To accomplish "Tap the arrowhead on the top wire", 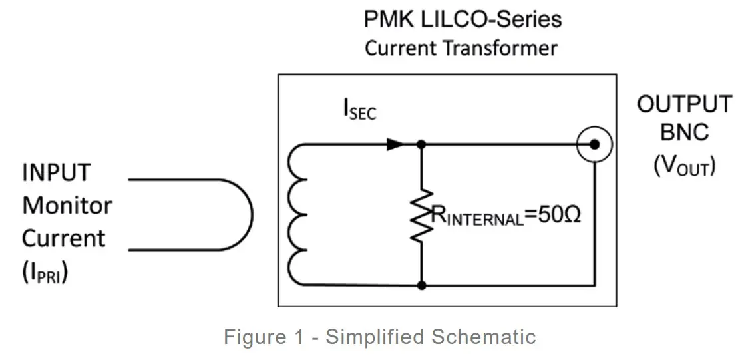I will point(395,144).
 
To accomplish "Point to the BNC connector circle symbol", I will point(594,144).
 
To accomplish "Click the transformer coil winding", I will point(297,214).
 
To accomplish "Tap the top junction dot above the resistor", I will point(421,144).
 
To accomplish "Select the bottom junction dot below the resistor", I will point(421,285).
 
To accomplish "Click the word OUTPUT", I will point(683,104).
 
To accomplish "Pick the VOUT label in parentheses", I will point(684,165).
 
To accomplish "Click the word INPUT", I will point(56,173).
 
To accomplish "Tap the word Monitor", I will point(67,205).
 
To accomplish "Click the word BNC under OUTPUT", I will point(684,133).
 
